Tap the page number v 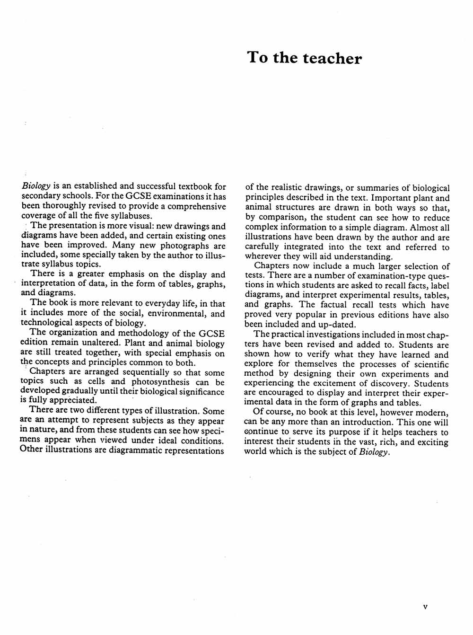[425, 606]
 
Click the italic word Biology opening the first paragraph [36, 186]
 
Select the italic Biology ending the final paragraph [375, 452]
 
